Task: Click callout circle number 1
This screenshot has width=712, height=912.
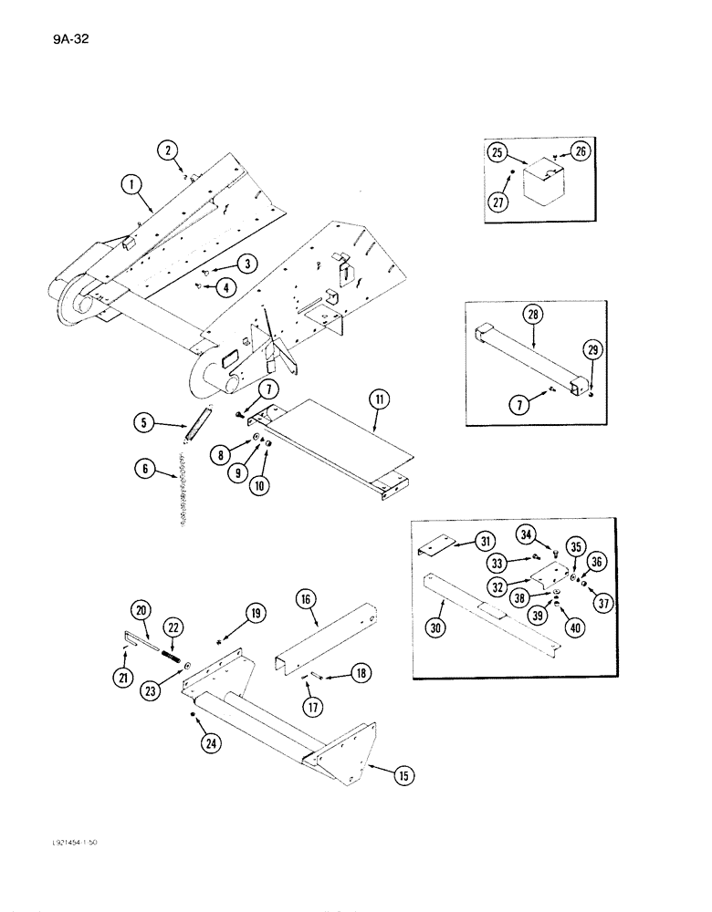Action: [x=131, y=187]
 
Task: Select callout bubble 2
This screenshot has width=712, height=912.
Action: [x=167, y=148]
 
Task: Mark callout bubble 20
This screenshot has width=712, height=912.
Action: [x=140, y=610]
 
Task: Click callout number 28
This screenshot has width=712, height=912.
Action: [x=533, y=316]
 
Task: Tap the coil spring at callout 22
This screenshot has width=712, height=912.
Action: [x=173, y=654]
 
